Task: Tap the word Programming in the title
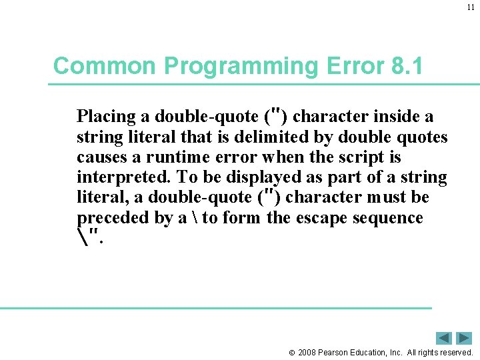[215, 66]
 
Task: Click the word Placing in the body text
[106, 117]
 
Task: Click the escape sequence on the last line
[90, 235]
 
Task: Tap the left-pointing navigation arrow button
[443, 338]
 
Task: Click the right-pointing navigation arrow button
[464, 338]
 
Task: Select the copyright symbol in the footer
[291, 353]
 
